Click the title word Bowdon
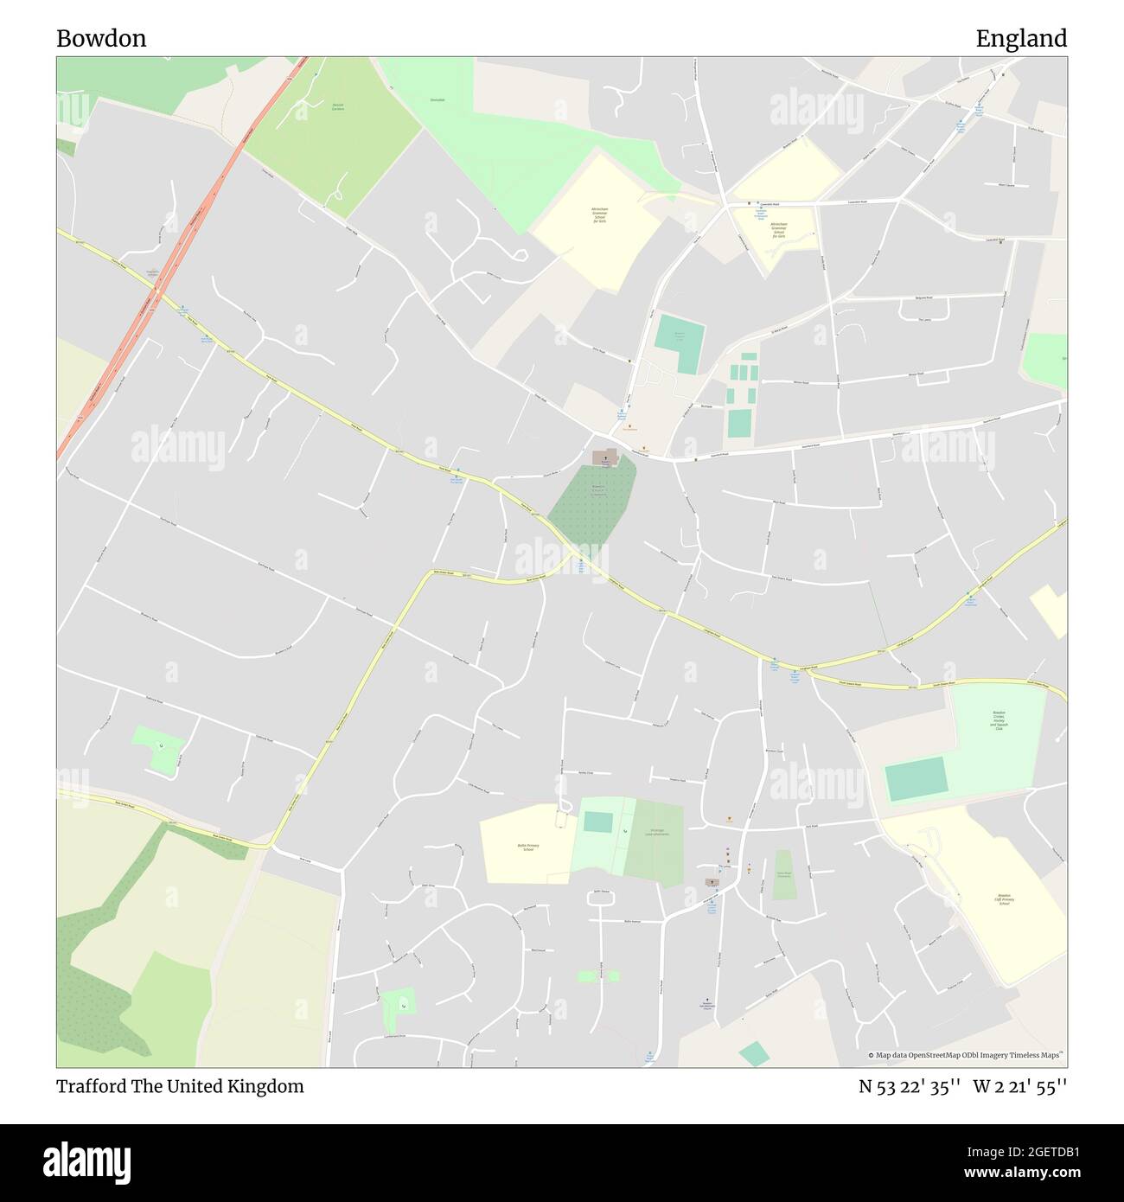click(101, 38)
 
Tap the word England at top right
click(1021, 38)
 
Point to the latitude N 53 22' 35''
click(910, 1086)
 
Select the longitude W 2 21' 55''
click(1020, 1086)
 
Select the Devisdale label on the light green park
click(437, 100)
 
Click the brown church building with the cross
click(605, 456)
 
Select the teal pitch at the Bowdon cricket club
click(916, 778)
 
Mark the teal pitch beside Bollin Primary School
click(598, 822)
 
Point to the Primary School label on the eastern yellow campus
click(1004, 900)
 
